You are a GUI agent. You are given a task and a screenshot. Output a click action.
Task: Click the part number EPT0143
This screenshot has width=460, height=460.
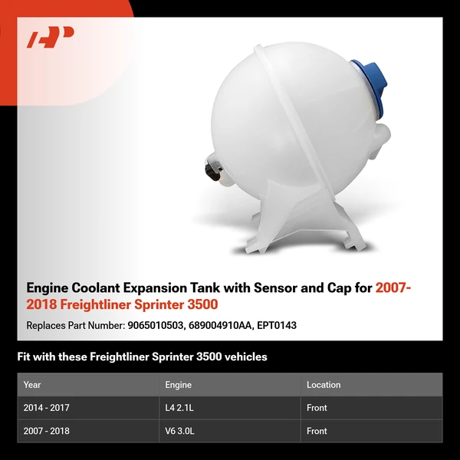pyautogui.click(x=278, y=325)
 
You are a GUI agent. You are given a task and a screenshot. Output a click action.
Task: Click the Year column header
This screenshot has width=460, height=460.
pyautogui.click(x=32, y=385)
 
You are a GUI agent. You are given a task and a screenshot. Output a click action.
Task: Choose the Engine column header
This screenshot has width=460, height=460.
pyautogui.click(x=178, y=385)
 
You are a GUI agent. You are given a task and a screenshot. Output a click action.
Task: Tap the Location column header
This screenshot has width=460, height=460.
pyautogui.click(x=324, y=385)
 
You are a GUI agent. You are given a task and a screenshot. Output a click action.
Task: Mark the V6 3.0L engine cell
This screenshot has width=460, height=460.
pyautogui.click(x=181, y=431)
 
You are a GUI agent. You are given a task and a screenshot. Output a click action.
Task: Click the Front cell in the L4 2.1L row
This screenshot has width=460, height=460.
pyautogui.click(x=317, y=408)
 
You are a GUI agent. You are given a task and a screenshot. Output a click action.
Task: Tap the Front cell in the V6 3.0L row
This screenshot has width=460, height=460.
pyautogui.click(x=317, y=431)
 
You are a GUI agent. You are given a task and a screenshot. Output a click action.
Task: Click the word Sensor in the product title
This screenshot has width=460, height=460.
pyautogui.click(x=270, y=288)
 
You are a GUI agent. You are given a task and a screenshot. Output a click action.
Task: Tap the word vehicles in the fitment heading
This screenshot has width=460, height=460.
pyautogui.click(x=244, y=356)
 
